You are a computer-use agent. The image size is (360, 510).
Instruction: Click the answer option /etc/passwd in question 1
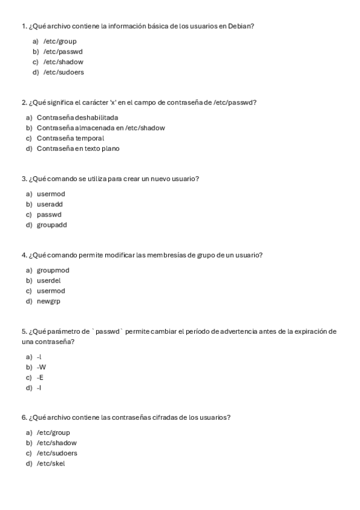(x=63, y=52)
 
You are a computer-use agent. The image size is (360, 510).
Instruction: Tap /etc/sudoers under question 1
(x=63, y=72)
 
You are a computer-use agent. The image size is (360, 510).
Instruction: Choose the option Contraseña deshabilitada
(x=77, y=117)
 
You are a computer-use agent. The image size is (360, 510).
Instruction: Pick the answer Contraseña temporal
(x=70, y=138)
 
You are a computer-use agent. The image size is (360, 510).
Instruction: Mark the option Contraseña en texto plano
(x=78, y=149)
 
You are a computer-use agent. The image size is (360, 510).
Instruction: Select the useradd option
(x=50, y=204)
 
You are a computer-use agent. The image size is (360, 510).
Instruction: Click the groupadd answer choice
(x=52, y=225)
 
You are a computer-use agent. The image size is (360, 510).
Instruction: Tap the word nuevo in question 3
(x=157, y=179)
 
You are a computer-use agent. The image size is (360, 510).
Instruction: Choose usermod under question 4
(x=50, y=291)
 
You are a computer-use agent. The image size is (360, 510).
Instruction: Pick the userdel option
(x=49, y=281)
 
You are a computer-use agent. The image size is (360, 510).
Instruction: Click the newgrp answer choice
(x=48, y=301)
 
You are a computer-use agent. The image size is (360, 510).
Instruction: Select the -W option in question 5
(x=41, y=367)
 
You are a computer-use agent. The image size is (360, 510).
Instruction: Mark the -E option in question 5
(x=40, y=378)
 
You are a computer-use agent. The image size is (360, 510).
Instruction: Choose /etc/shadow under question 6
(x=56, y=443)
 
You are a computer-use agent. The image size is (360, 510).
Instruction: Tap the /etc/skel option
(x=50, y=464)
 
